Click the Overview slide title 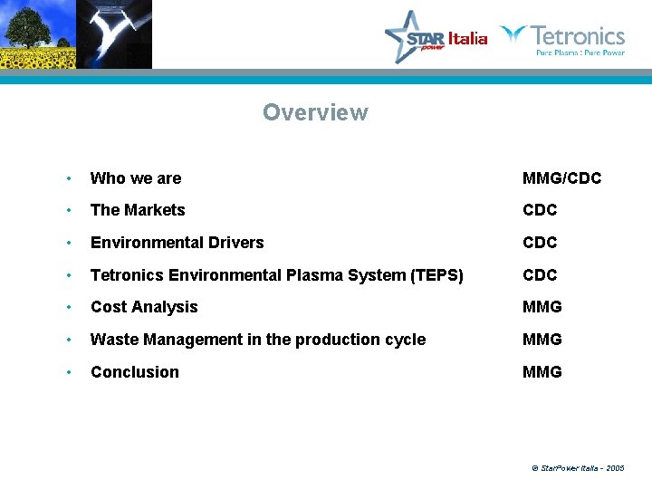click(x=315, y=113)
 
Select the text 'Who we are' click(x=136, y=178)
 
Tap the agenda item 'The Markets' click(x=138, y=210)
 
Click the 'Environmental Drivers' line click(x=177, y=243)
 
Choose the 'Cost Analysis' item click(x=144, y=307)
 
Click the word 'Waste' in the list click(x=113, y=340)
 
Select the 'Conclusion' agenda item click(x=135, y=372)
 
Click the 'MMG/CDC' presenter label click(x=561, y=178)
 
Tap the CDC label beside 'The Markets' click(x=540, y=210)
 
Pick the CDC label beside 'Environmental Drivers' click(x=540, y=243)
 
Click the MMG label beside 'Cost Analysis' click(x=542, y=307)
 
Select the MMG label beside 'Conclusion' click(x=542, y=372)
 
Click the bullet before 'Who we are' click(x=69, y=179)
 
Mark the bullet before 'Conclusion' click(x=69, y=373)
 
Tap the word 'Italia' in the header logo click(x=467, y=38)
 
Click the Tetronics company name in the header click(x=577, y=36)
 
